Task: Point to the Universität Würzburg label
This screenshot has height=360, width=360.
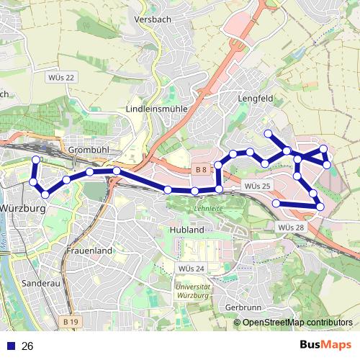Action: pos(192,291)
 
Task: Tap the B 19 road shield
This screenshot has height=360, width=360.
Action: pos(70,321)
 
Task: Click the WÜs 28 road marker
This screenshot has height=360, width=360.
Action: pos(291,227)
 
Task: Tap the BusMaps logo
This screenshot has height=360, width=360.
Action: pos(325,345)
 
